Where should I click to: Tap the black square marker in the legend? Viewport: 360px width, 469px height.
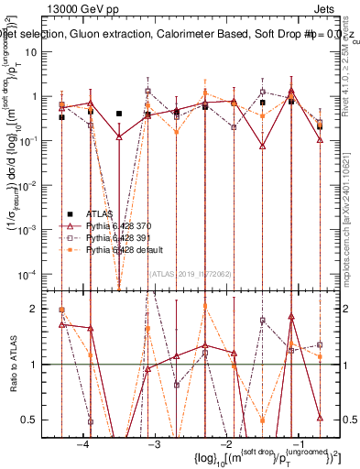pos(70,212)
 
